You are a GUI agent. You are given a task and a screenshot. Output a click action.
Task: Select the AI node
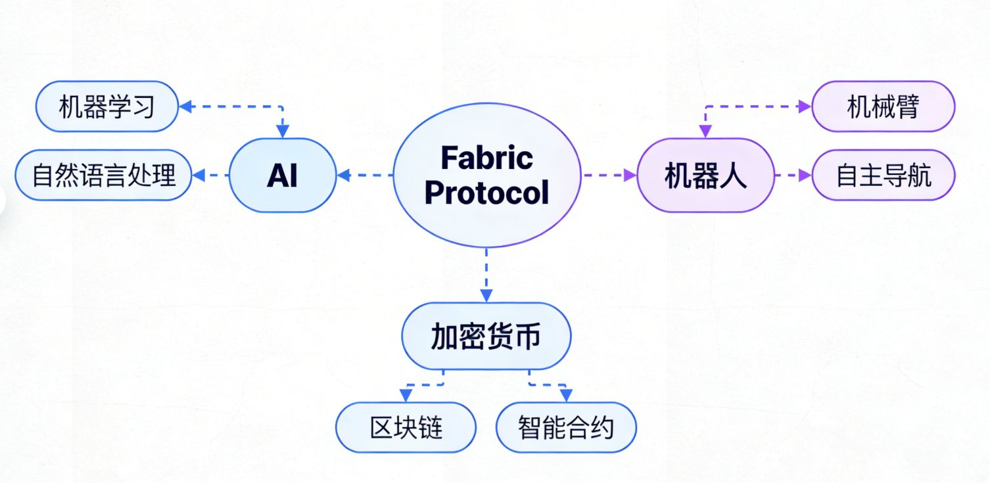(283, 175)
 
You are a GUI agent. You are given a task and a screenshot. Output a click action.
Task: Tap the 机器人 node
(705, 175)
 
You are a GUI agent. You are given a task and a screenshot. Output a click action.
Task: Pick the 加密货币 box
(486, 336)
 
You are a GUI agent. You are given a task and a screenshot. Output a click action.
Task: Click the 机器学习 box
(106, 106)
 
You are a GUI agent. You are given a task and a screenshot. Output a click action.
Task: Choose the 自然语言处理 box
(104, 175)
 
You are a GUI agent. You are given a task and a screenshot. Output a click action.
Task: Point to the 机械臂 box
(882, 106)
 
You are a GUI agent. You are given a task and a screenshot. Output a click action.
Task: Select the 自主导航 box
(883, 175)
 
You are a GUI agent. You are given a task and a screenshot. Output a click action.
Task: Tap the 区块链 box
(406, 428)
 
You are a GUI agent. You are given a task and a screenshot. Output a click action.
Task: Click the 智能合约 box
(565, 428)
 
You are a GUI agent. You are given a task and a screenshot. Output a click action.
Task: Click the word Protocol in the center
(486, 193)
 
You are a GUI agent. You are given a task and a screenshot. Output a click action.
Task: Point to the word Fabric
(486, 158)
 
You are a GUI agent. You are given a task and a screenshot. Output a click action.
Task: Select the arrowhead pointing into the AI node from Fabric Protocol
(343, 175)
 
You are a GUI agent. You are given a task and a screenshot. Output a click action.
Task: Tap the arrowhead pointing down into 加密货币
(486, 296)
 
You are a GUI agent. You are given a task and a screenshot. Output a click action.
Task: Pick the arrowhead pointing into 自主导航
(806, 175)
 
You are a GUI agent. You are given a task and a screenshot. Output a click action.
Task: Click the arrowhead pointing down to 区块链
(406, 396)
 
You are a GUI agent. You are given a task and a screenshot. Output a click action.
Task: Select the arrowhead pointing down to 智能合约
(566, 396)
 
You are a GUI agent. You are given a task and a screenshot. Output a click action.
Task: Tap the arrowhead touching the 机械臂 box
(806, 106)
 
